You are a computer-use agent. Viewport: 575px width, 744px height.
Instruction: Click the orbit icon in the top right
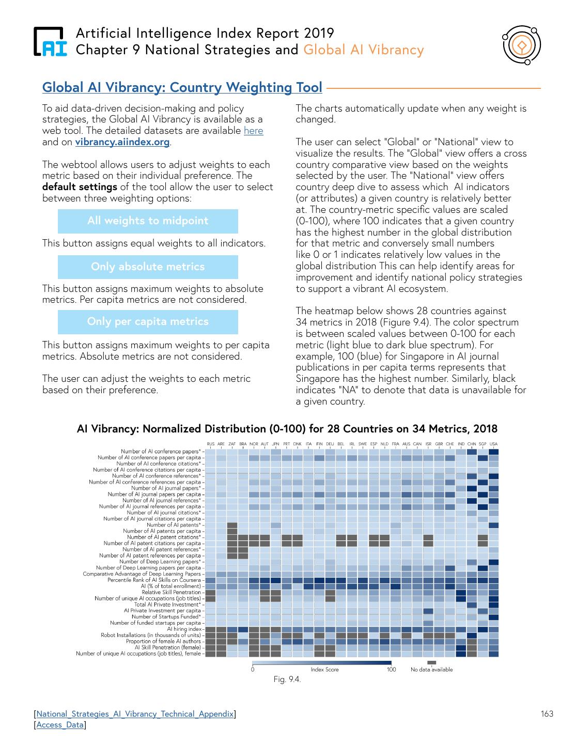[522, 46]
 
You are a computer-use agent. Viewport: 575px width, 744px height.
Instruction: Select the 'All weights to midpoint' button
[148, 221]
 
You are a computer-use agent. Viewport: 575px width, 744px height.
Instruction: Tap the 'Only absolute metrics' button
[148, 267]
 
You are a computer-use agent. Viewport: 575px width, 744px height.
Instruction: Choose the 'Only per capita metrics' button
[148, 322]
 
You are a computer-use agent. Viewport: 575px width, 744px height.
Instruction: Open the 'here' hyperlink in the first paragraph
[253, 131]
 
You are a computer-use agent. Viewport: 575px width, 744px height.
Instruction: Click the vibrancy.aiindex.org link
[122, 142]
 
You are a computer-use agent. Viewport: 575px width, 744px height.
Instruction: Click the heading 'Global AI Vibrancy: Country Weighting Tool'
[182, 87]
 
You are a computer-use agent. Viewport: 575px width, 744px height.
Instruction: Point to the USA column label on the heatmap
[493, 444]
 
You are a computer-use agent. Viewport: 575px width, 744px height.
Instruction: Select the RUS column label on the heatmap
[210, 444]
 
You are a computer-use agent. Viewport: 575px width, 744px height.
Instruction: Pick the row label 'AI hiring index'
[184, 629]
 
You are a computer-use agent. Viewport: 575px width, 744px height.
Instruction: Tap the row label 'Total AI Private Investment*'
[167, 605]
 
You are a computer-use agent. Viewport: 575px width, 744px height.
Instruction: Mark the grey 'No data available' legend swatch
[431, 663]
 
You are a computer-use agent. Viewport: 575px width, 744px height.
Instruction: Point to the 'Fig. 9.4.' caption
[287, 679]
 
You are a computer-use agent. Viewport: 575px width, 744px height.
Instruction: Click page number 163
[547, 714]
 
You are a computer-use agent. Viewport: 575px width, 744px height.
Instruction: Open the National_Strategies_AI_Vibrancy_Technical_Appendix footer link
[135, 715]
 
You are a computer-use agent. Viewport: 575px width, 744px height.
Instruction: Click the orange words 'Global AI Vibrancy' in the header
[364, 50]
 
